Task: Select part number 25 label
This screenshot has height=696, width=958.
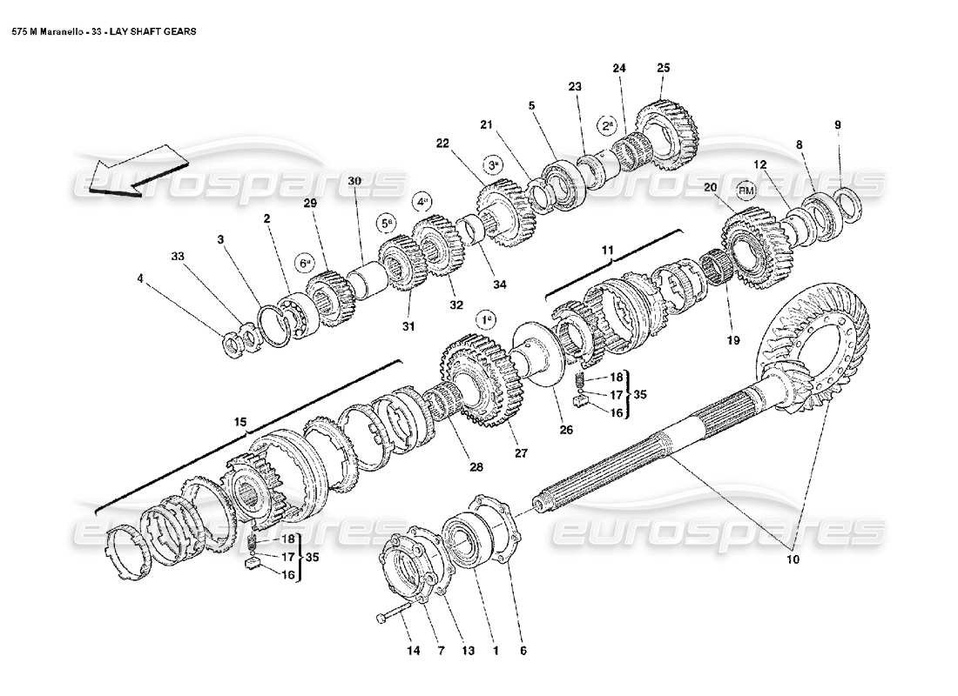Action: (664, 68)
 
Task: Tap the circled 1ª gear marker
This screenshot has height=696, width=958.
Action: (487, 319)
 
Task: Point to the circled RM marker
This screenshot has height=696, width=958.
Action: (746, 189)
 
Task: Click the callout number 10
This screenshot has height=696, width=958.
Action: (793, 559)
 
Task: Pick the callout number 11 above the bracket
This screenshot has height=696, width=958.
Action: (608, 251)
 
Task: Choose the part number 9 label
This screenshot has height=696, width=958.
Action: (838, 125)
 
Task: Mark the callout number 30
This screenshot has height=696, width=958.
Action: (354, 181)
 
